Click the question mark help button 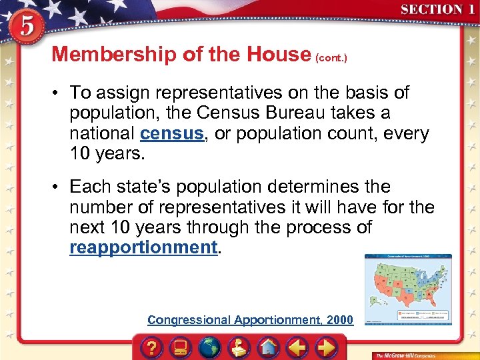click(153, 347)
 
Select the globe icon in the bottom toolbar click(210, 347)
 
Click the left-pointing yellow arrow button click(297, 347)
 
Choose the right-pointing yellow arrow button click(325, 347)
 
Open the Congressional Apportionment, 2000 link click(250, 320)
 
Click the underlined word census click(171, 133)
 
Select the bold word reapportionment click(143, 247)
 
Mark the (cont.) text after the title click(331, 57)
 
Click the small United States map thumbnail click(408, 289)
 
